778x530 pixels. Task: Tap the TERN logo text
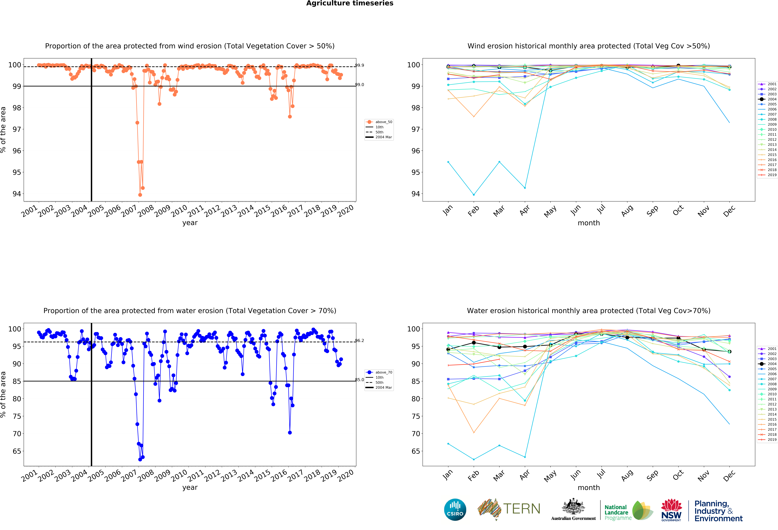coord(522,509)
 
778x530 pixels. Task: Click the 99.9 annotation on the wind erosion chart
coord(360,65)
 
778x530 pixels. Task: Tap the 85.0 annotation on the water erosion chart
coord(360,380)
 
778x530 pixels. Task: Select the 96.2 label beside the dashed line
coord(360,341)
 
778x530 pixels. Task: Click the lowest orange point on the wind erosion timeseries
coord(140,195)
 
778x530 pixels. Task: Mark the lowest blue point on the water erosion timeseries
coord(140,459)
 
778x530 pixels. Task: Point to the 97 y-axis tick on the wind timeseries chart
coord(17,129)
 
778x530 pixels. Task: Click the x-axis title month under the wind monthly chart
coord(589,223)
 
